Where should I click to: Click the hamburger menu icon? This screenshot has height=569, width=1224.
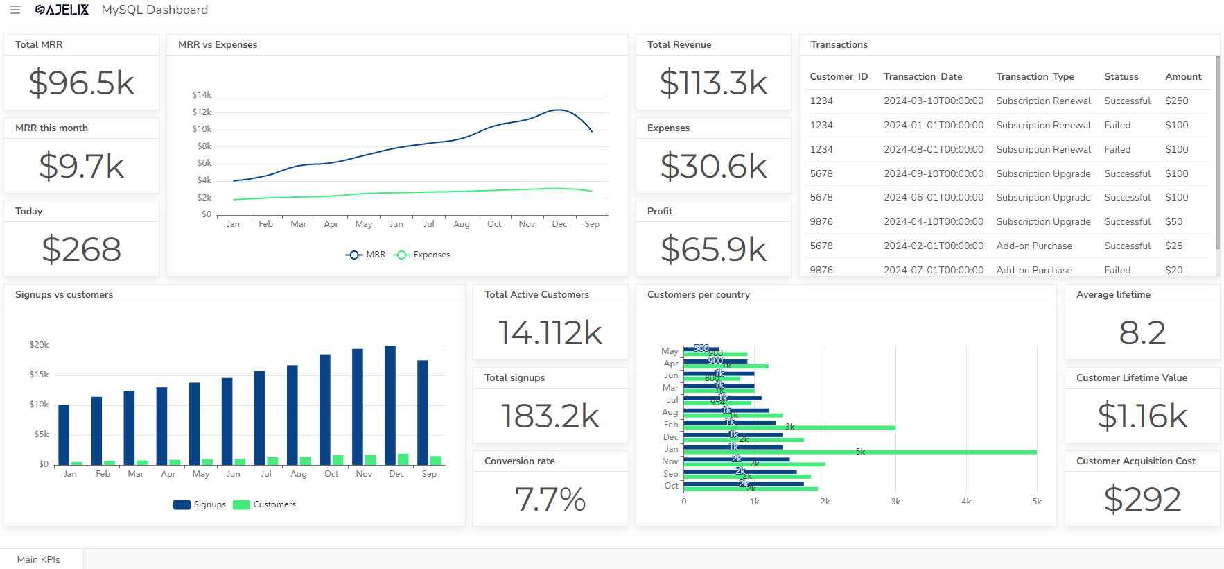click(x=15, y=10)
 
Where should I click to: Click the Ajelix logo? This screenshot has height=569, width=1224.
click(x=62, y=10)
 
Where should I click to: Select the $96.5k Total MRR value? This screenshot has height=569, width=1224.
click(x=82, y=83)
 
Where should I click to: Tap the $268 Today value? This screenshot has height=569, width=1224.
click(x=82, y=250)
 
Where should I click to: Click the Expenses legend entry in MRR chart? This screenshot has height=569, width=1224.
click(x=422, y=255)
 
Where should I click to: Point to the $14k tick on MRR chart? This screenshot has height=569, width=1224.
click(x=202, y=95)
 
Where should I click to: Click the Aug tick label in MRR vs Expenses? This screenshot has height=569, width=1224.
click(x=462, y=224)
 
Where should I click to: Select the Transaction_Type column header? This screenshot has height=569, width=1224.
click(x=1035, y=76)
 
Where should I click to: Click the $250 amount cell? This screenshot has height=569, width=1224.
click(x=1176, y=101)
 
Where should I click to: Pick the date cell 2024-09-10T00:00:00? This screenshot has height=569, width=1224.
click(x=933, y=173)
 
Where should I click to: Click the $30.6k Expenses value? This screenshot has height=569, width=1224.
click(x=713, y=167)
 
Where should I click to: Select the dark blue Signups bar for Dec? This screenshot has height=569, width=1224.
click(x=390, y=405)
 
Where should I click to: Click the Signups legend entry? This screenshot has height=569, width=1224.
click(x=200, y=504)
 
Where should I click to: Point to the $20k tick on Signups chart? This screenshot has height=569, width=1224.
click(x=39, y=345)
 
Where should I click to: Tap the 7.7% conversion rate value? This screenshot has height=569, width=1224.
click(x=550, y=500)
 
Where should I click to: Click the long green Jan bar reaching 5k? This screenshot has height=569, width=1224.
click(x=859, y=452)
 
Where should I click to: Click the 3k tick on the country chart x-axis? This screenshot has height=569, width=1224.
click(x=895, y=502)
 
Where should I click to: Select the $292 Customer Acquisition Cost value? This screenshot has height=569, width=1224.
click(x=1142, y=500)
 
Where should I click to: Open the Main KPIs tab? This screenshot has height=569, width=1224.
click(x=39, y=559)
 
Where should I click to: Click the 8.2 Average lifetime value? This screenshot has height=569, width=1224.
click(x=1142, y=333)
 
